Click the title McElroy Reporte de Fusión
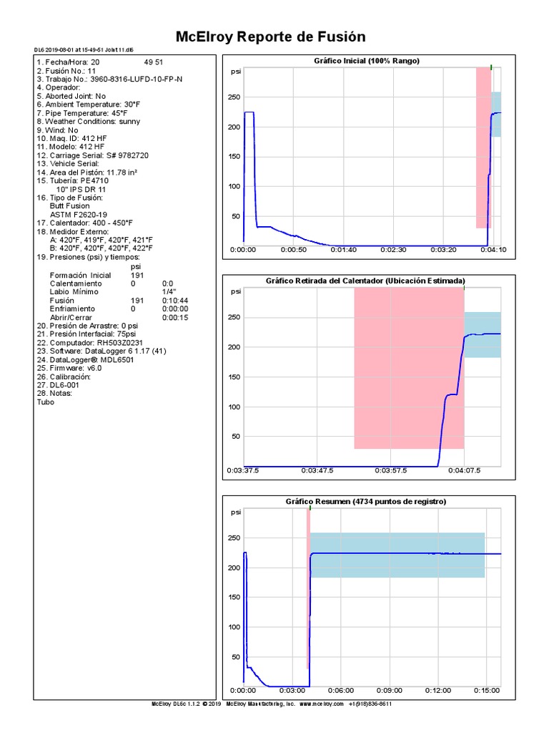(x=270, y=37)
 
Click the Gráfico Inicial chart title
(x=367, y=61)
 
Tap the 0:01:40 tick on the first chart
(x=343, y=250)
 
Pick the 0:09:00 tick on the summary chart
(x=389, y=691)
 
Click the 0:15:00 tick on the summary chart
(x=486, y=691)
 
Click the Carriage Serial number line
(x=93, y=155)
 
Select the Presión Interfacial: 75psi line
(x=86, y=334)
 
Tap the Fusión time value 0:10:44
(x=175, y=301)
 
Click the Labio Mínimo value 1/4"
(x=169, y=292)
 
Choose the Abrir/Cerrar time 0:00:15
(x=175, y=317)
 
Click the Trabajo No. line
(x=109, y=79)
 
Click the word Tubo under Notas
(x=45, y=402)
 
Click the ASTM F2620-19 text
(x=79, y=215)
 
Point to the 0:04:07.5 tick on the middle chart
(x=464, y=471)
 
